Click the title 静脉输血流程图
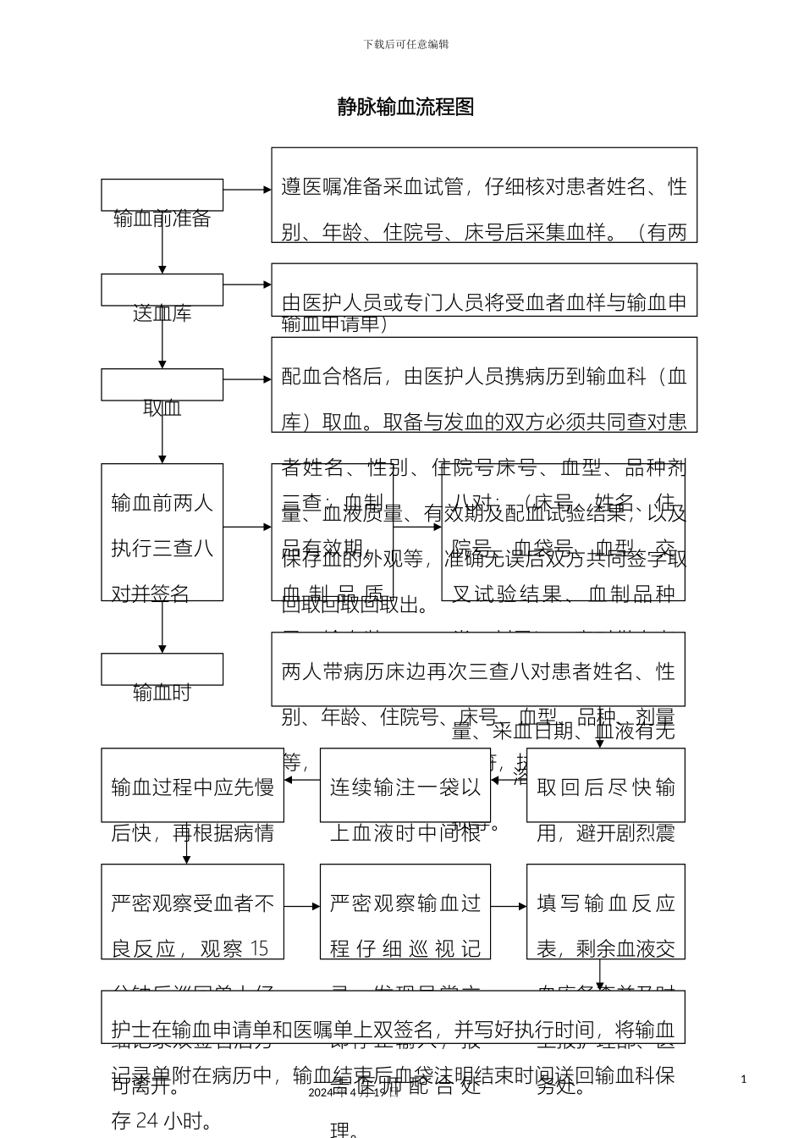point(405,107)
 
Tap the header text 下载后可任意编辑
point(406,44)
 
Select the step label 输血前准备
point(162,218)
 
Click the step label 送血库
point(162,313)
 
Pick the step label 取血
point(162,408)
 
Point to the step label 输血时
point(162,693)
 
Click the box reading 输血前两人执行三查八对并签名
point(162,532)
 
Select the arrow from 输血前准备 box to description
point(247,191)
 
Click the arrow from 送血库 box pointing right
point(247,285)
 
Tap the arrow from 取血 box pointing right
point(247,380)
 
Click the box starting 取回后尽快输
point(605,786)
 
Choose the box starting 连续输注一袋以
point(405,786)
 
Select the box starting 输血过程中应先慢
point(192,786)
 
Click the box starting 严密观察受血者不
point(192,911)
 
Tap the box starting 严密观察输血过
point(405,911)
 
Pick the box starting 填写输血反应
point(605,911)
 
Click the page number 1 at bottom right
point(743,1079)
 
